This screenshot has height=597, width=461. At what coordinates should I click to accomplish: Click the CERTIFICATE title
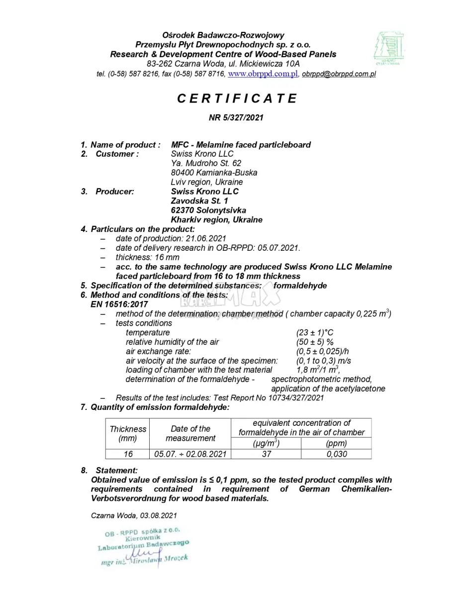point(237,99)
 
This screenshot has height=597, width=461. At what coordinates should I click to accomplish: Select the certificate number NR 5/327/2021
point(236,118)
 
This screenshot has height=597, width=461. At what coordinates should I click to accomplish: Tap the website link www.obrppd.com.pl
point(263,74)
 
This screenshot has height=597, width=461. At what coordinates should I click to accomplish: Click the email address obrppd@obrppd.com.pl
point(339,74)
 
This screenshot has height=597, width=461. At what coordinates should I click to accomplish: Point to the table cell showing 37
point(266,454)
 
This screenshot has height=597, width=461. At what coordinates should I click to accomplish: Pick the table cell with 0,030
point(336,454)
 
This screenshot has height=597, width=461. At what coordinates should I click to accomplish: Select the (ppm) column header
point(336,443)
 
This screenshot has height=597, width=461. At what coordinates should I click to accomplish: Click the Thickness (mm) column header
point(128,433)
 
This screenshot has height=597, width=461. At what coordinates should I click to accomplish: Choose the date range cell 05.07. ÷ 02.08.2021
point(190,454)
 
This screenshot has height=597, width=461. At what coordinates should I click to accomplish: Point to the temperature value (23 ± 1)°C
point(315,332)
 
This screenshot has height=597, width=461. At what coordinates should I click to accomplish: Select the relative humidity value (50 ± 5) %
point(315,342)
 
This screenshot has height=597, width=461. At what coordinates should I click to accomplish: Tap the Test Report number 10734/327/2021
point(296,398)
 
